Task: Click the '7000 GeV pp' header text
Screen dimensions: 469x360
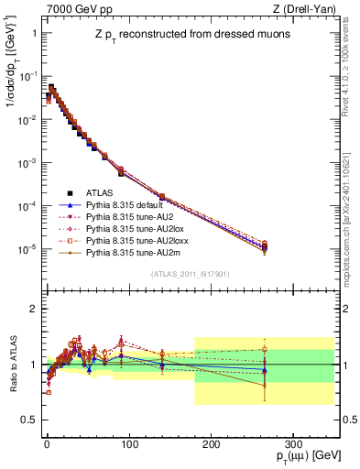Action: click(x=72, y=7)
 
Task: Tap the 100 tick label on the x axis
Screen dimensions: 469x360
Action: click(x=127, y=443)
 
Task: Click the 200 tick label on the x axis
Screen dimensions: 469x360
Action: click(x=210, y=443)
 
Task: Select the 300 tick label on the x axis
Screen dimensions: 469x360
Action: click(x=292, y=443)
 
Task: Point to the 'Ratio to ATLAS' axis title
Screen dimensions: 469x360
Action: click(x=12, y=364)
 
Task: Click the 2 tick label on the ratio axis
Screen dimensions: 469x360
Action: click(x=33, y=309)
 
